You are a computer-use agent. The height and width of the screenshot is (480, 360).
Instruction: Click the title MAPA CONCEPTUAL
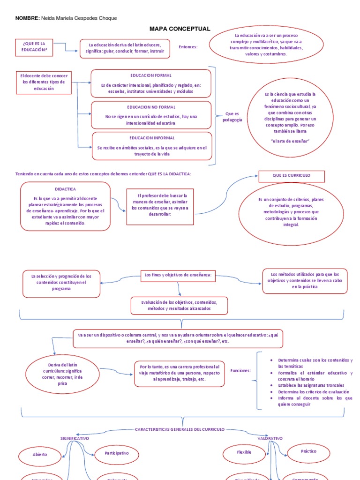[x=180, y=29]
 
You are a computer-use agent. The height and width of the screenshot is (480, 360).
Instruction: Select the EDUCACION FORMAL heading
[x=150, y=75]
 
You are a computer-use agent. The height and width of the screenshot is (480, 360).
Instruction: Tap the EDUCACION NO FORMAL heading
[x=150, y=107]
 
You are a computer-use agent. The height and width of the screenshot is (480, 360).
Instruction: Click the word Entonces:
[x=188, y=47]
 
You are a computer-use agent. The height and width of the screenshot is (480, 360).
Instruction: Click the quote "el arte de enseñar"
[x=291, y=141]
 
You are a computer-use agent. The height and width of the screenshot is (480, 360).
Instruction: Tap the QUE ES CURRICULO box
[x=291, y=176]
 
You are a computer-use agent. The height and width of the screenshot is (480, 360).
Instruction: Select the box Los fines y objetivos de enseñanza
[x=178, y=275]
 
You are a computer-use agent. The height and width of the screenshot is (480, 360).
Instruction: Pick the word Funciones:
[x=240, y=370]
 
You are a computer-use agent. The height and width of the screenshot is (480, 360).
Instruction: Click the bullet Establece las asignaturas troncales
[x=310, y=385]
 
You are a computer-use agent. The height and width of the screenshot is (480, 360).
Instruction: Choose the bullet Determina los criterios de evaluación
[x=313, y=391]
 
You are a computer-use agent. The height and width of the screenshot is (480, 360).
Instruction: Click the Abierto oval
[x=40, y=455]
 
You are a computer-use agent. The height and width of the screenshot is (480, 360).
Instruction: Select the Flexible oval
[x=244, y=452]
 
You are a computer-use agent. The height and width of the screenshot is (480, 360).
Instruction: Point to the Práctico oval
[x=308, y=451]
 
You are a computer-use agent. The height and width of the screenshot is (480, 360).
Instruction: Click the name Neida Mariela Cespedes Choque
[x=79, y=18]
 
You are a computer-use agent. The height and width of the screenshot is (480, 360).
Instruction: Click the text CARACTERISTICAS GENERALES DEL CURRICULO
[x=180, y=429]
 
